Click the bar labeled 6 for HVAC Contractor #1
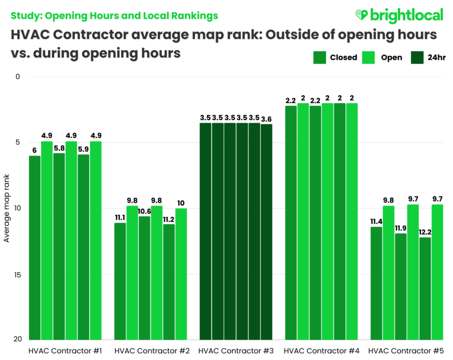tap(35, 247)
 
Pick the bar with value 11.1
tap(120, 281)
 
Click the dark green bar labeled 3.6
tap(267, 232)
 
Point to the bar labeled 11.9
tap(401, 286)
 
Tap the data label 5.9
tap(83, 149)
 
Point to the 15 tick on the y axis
tap(17, 274)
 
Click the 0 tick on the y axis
tap(17, 77)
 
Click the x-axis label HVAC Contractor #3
tap(235, 351)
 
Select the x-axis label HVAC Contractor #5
tap(406, 351)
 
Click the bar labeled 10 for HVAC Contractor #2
tap(181, 274)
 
